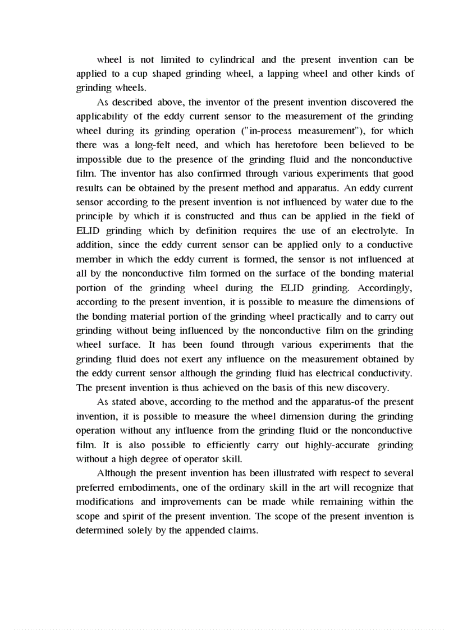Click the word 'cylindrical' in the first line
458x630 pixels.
pyautogui.click(x=232, y=59)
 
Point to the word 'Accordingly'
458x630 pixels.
pyautogui.click(x=385, y=288)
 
